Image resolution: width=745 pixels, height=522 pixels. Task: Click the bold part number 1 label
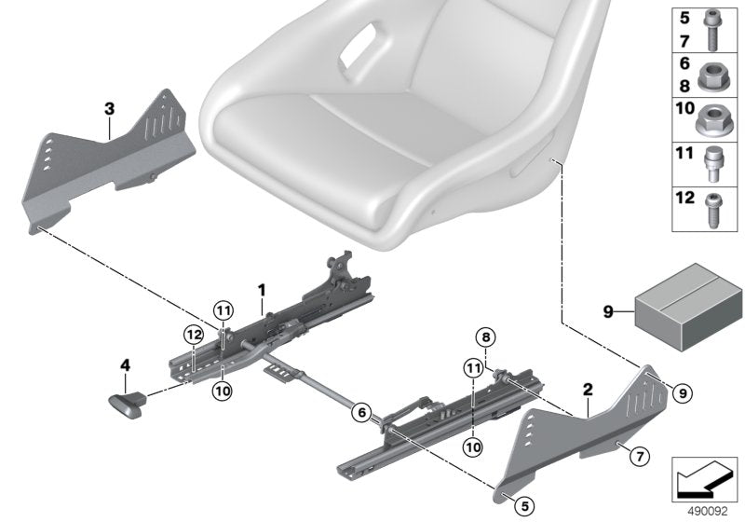click(262, 291)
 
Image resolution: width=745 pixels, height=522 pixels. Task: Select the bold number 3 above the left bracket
click(109, 110)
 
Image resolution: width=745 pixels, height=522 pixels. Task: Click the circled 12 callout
click(193, 335)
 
